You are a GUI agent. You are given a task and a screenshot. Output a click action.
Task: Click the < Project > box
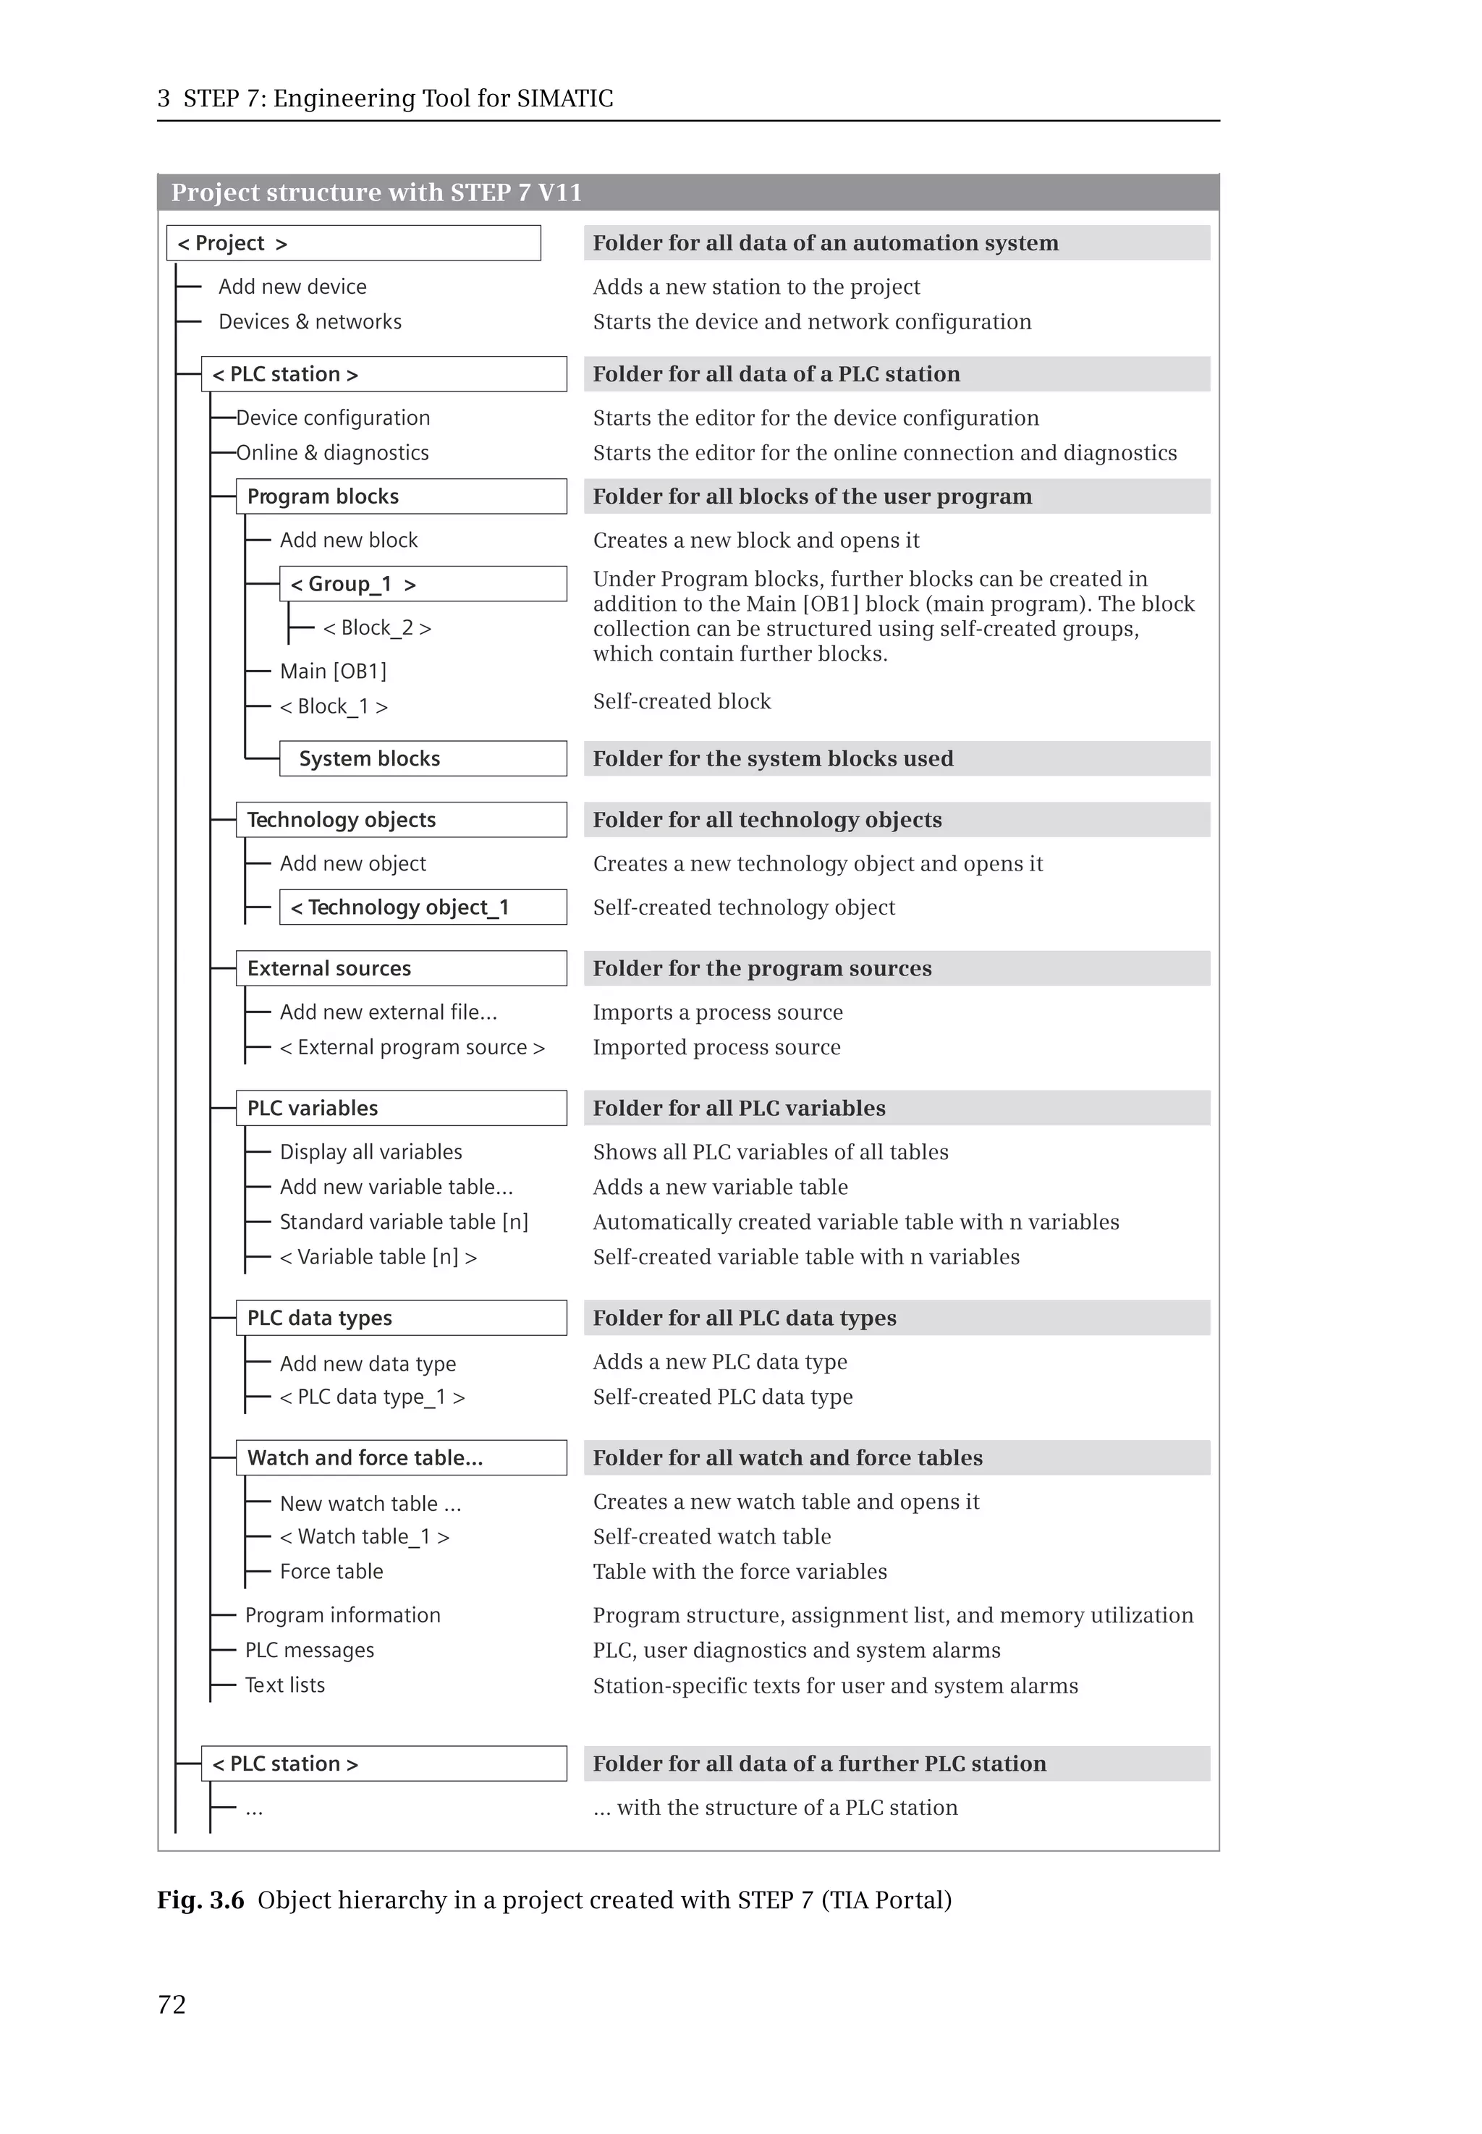pyautogui.click(x=353, y=243)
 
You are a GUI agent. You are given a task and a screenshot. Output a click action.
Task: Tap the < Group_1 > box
pyautogui.click(x=423, y=584)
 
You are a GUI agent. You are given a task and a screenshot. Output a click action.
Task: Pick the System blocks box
pyautogui.click(x=423, y=758)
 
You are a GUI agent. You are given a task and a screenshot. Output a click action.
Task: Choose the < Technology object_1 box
pyautogui.click(x=423, y=907)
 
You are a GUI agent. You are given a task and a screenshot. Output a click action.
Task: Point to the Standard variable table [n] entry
pyautogui.click(x=404, y=1222)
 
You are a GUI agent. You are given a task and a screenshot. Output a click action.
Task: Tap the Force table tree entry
pyautogui.click(x=331, y=1572)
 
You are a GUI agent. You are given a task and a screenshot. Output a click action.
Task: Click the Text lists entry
pyautogui.click(x=285, y=1685)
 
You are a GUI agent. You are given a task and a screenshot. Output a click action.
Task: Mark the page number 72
pyautogui.click(x=172, y=2005)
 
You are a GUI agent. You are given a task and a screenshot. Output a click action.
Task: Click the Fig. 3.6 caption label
pyautogui.click(x=200, y=1900)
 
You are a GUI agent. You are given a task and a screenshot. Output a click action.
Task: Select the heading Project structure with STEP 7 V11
pyautogui.click(x=376, y=192)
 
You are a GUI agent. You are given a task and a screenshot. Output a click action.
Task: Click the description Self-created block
pyautogui.click(x=682, y=702)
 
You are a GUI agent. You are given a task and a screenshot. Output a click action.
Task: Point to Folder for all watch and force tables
pyautogui.click(x=787, y=1458)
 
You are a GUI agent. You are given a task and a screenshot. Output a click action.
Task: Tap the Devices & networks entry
pyautogui.click(x=310, y=322)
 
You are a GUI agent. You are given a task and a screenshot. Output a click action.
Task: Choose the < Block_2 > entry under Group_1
pyautogui.click(x=377, y=628)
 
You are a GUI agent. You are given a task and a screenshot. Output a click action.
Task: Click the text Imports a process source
pyautogui.click(x=718, y=1012)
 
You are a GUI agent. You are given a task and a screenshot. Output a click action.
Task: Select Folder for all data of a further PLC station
pyautogui.click(x=819, y=1763)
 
